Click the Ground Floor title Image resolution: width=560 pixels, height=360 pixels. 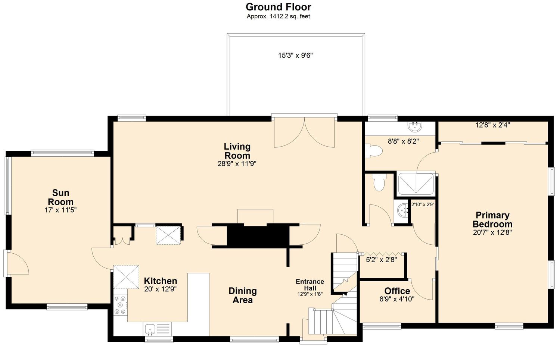(278, 7)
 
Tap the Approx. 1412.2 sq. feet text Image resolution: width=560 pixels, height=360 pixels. (278, 16)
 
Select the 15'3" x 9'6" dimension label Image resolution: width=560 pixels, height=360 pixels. (296, 55)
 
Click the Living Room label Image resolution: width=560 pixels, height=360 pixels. (237, 151)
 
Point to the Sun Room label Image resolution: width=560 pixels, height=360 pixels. (60, 197)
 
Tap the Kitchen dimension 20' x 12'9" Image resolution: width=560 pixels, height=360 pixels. (161, 289)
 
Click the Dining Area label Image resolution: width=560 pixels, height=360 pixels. (243, 295)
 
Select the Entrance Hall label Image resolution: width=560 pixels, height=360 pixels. (310, 285)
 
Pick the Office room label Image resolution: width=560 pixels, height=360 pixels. (397, 291)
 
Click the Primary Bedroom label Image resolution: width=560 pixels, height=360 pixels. (492, 220)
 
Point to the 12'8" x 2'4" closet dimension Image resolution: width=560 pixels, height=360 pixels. (492, 125)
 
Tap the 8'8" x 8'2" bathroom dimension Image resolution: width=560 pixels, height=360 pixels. (403, 141)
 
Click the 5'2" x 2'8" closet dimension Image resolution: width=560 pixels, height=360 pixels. (382, 260)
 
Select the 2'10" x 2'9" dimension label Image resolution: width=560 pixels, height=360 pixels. (423, 204)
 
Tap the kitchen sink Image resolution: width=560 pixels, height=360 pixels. (150, 329)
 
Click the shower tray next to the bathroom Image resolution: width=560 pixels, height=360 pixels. (416, 184)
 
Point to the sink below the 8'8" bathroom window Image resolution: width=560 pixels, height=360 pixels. (415, 127)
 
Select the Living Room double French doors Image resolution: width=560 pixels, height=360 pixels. (304, 132)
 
